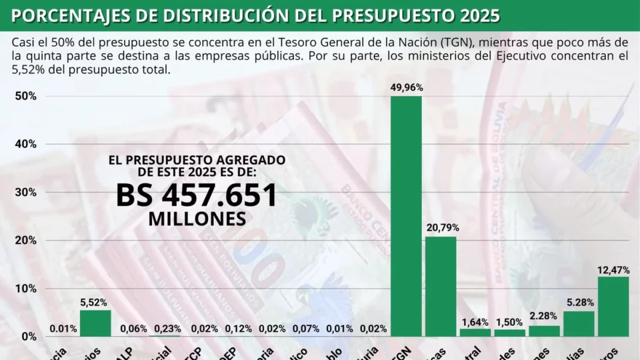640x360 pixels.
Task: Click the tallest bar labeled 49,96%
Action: (406, 217)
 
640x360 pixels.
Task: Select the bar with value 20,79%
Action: (441, 287)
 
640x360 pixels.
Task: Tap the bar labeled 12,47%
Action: (613, 307)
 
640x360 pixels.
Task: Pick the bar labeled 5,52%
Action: (95, 323)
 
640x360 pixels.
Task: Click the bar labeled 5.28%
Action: (579, 324)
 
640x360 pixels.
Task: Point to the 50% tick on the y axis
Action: (25, 96)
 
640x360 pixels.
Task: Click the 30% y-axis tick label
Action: (25, 192)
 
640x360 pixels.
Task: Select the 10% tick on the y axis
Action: (25, 288)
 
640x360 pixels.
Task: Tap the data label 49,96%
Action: (407, 87)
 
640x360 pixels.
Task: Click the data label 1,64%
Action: (475, 322)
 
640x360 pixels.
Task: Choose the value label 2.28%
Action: (545, 315)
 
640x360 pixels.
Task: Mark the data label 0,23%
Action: (167, 329)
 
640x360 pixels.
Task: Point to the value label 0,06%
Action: (133, 329)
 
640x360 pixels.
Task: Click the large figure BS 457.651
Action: (197, 195)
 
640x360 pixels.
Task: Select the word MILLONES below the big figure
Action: (197, 219)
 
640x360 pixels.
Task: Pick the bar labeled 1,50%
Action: (510, 333)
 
